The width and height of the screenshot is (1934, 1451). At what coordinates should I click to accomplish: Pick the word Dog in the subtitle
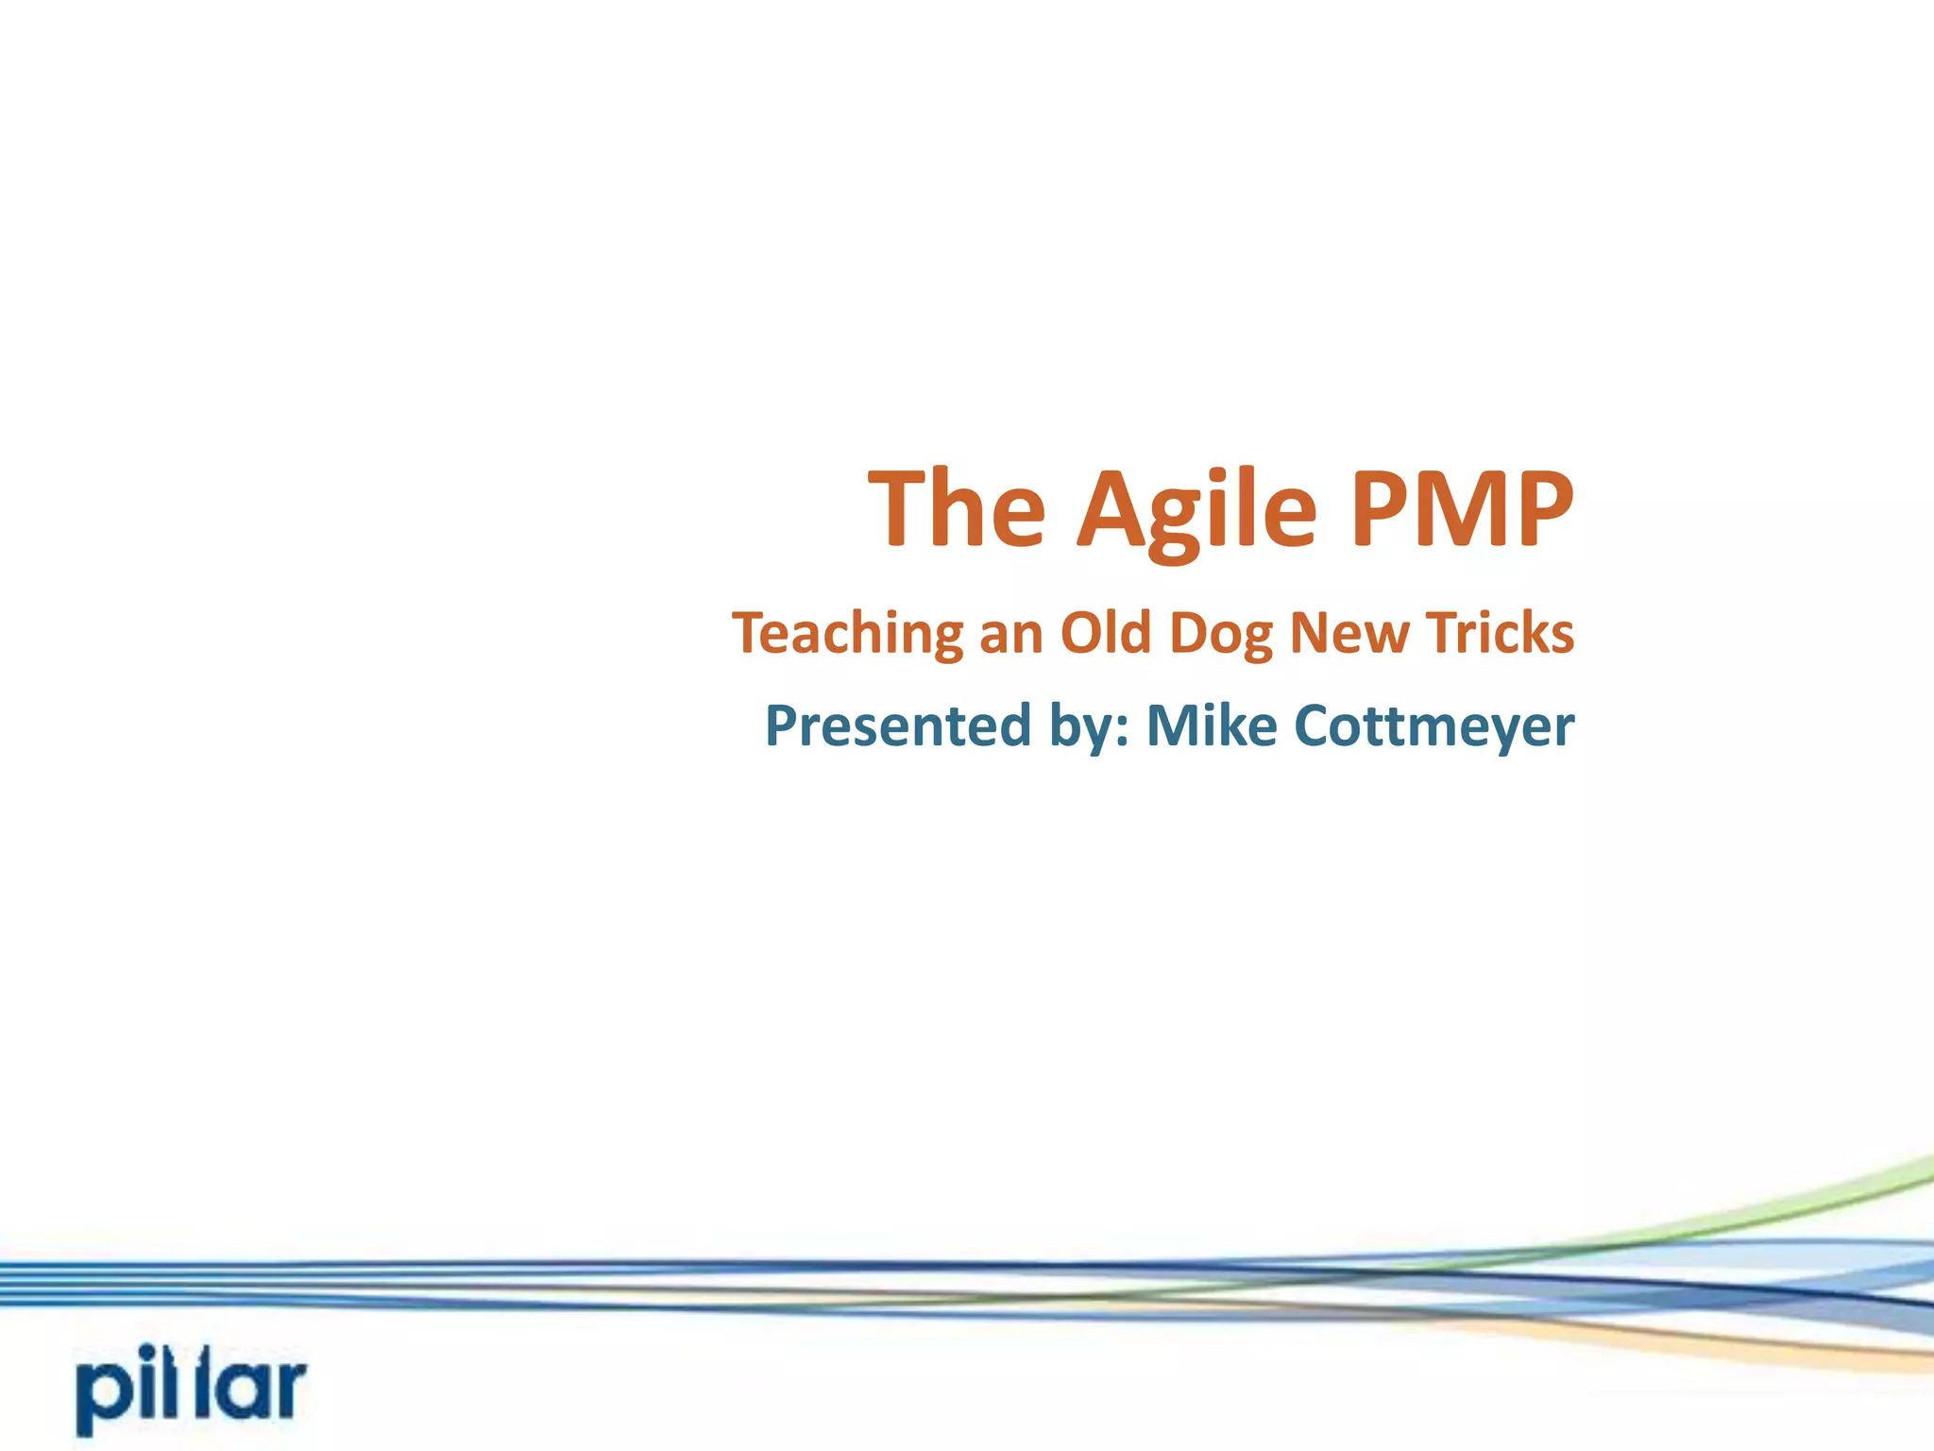pos(1221,633)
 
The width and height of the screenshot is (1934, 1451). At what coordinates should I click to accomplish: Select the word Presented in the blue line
pos(898,725)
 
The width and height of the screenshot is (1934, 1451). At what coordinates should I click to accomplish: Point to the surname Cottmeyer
pos(1434,725)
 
